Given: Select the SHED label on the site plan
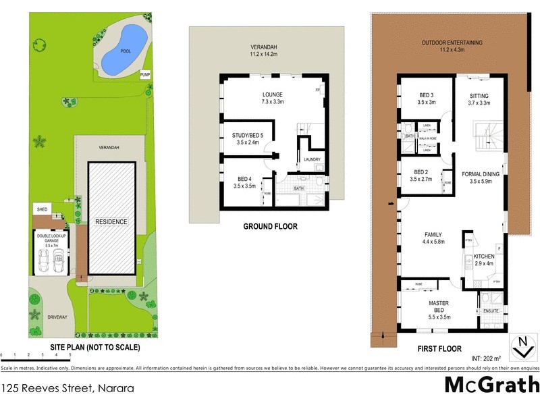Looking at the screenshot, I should [41, 210].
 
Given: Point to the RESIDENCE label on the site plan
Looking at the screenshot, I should [111, 221].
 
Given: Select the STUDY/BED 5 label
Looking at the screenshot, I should [246, 138].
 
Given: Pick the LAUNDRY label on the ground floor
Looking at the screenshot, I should [312, 160].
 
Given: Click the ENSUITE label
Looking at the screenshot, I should [491, 311].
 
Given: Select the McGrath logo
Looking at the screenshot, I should [492, 385].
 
